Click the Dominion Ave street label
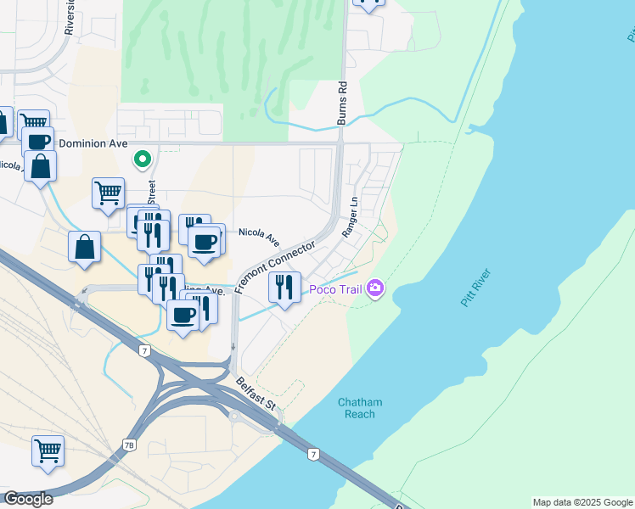click(92, 143)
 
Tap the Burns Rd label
click(343, 103)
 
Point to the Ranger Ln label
click(350, 217)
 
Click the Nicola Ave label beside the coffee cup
click(258, 236)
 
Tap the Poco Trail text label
click(335, 290)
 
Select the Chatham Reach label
click(360, 407)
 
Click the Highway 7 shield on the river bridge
click(314, 455)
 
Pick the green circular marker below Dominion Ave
click(143, 159)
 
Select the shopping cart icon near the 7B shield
click(48, 450)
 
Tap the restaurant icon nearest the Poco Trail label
click(284, 286)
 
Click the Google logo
click(28, 499)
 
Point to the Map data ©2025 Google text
click(582, 502)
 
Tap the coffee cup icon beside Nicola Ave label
click(205, 241)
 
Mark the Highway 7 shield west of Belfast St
click(153, 350)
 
